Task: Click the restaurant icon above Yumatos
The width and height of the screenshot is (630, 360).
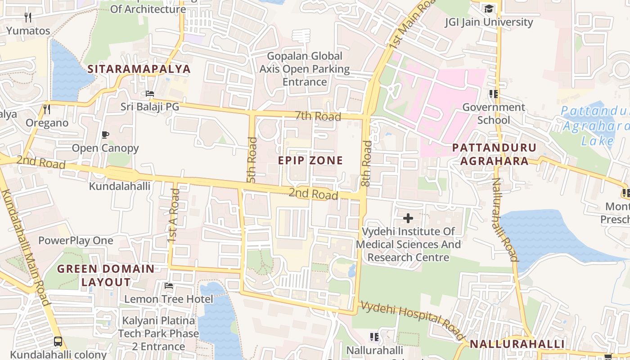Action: [x=28, y=18]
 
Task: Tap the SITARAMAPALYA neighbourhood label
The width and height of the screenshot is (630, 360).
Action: [x=139, y=69]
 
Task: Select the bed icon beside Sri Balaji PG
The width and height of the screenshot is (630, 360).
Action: [x=150, y=94]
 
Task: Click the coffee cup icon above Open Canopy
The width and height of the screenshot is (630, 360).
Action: [x=105, y=135]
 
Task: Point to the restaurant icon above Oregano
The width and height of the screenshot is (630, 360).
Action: [x=47, y=109]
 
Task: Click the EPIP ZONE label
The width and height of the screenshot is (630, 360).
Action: [x=310, y=161]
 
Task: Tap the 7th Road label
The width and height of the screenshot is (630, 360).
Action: [x=318, y=117]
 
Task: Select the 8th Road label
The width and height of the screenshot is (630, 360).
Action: [x=367, y=164]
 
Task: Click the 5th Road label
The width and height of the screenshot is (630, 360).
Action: [x=252, y=160]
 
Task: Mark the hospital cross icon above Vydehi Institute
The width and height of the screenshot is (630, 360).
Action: [x=408, y=218]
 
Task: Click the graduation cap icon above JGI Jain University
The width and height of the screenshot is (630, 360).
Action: [x=488, y=9]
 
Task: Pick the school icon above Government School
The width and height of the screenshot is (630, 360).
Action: [x=494, y=94]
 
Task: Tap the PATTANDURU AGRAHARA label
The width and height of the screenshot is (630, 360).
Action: [x=494, y=154]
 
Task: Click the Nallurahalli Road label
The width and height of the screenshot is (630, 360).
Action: [x=504, y=220]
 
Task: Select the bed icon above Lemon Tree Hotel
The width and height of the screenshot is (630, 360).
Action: [x=169, y=285]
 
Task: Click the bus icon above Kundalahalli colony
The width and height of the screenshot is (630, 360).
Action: [x=58, y=341]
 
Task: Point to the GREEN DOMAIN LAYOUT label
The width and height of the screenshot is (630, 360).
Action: [x=106, y=275]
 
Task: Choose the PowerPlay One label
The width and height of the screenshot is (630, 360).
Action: [x=76, y=241]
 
